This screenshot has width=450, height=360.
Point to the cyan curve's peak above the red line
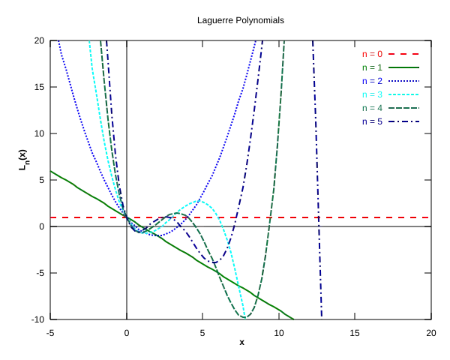[x=199, y=201]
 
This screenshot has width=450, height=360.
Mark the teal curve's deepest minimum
[x=244, y=318]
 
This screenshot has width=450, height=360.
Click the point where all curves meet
[x=125, y=218]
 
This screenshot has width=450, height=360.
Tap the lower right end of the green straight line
[x=293, y=319]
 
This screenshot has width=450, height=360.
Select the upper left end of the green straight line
[x=50, y=171]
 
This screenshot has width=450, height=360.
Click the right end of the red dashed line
[x=428, y=218]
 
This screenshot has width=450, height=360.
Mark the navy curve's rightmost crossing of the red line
[x=319, y=218]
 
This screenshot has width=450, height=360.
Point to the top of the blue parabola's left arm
[x=57, y=42]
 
